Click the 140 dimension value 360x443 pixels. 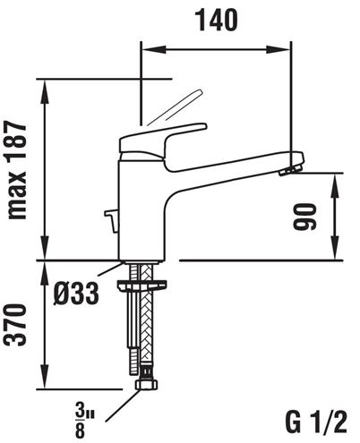click(216, 21)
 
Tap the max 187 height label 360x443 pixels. click(17, 170)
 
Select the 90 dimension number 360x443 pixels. click(304, 217)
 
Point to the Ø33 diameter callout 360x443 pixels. click(76, 293)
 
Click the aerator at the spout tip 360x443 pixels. click(290, 171)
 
